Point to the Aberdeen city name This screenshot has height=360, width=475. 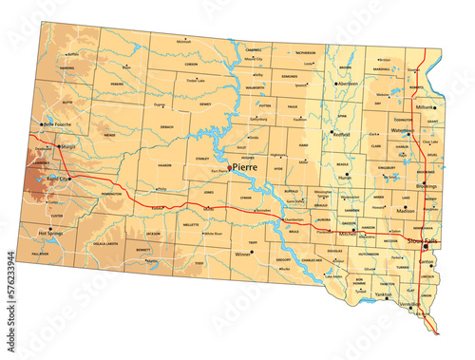(349, 84)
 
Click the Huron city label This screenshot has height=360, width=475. (345, 178)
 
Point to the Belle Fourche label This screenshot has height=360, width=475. (57, 124)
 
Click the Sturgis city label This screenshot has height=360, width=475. (67, 147)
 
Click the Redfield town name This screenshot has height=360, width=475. (341, 134)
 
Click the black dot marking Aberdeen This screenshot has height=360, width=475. (334, 84)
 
